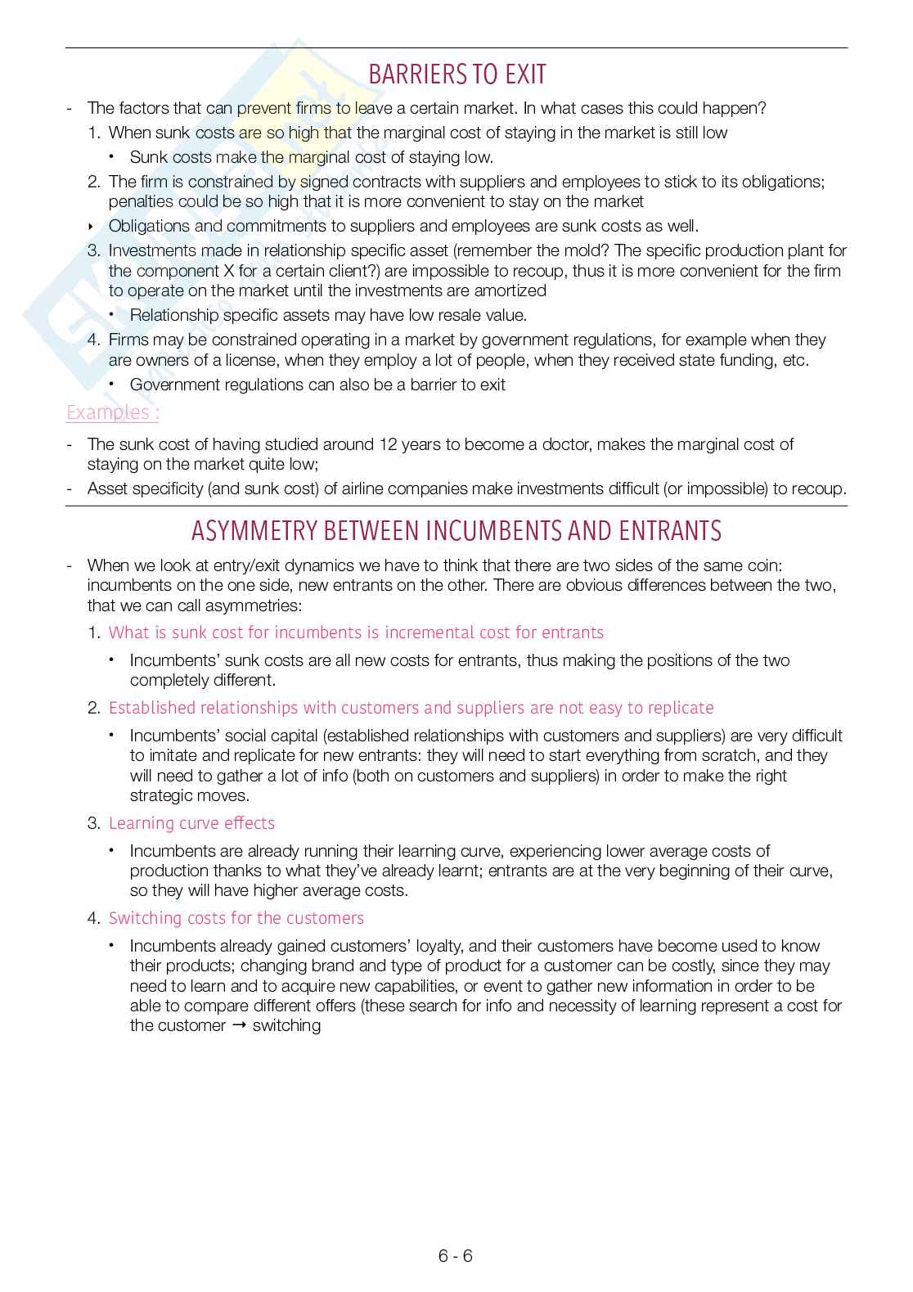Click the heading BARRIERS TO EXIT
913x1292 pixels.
tap(456, 75)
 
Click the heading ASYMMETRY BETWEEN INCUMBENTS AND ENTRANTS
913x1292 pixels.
tap(456, 532)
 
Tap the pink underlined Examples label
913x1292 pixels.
tap(112, 412)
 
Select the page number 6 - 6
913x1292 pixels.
tap(456, 1256)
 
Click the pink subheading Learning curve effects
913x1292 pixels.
tap(191, 823)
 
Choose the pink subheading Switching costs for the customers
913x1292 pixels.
tap(236, 918)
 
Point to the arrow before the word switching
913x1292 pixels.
tap(239, 1026)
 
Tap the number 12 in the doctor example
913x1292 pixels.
tap(389, 444)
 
